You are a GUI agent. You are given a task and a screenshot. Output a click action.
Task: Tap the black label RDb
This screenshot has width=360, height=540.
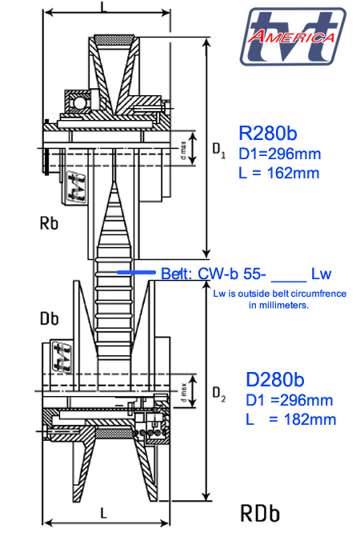click(260, 513)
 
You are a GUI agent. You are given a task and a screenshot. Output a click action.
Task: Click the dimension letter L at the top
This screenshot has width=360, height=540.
click(105, 6)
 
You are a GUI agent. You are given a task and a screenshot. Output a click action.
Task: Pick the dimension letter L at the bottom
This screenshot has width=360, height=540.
click(105, 511)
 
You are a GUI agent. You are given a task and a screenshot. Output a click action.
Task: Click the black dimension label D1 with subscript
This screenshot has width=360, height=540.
click(218, 149)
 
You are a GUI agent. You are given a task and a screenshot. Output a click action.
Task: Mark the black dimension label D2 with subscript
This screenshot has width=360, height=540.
click(218, 393)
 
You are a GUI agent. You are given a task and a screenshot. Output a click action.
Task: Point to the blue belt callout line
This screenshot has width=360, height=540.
click(137, 273)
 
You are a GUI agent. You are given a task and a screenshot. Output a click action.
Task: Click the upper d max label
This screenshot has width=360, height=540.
click(183, 149)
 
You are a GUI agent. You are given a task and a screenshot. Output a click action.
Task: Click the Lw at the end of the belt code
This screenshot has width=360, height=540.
click(322, 273)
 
